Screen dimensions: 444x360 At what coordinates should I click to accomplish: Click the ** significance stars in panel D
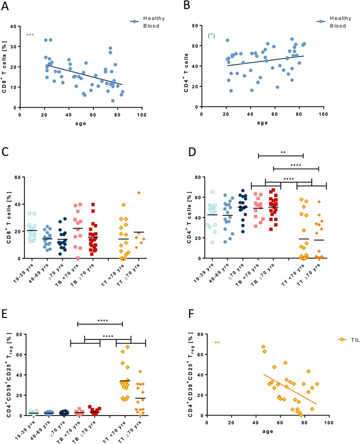(x=280, y=151)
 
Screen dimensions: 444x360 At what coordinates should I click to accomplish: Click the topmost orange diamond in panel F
(x=264, y=347)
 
